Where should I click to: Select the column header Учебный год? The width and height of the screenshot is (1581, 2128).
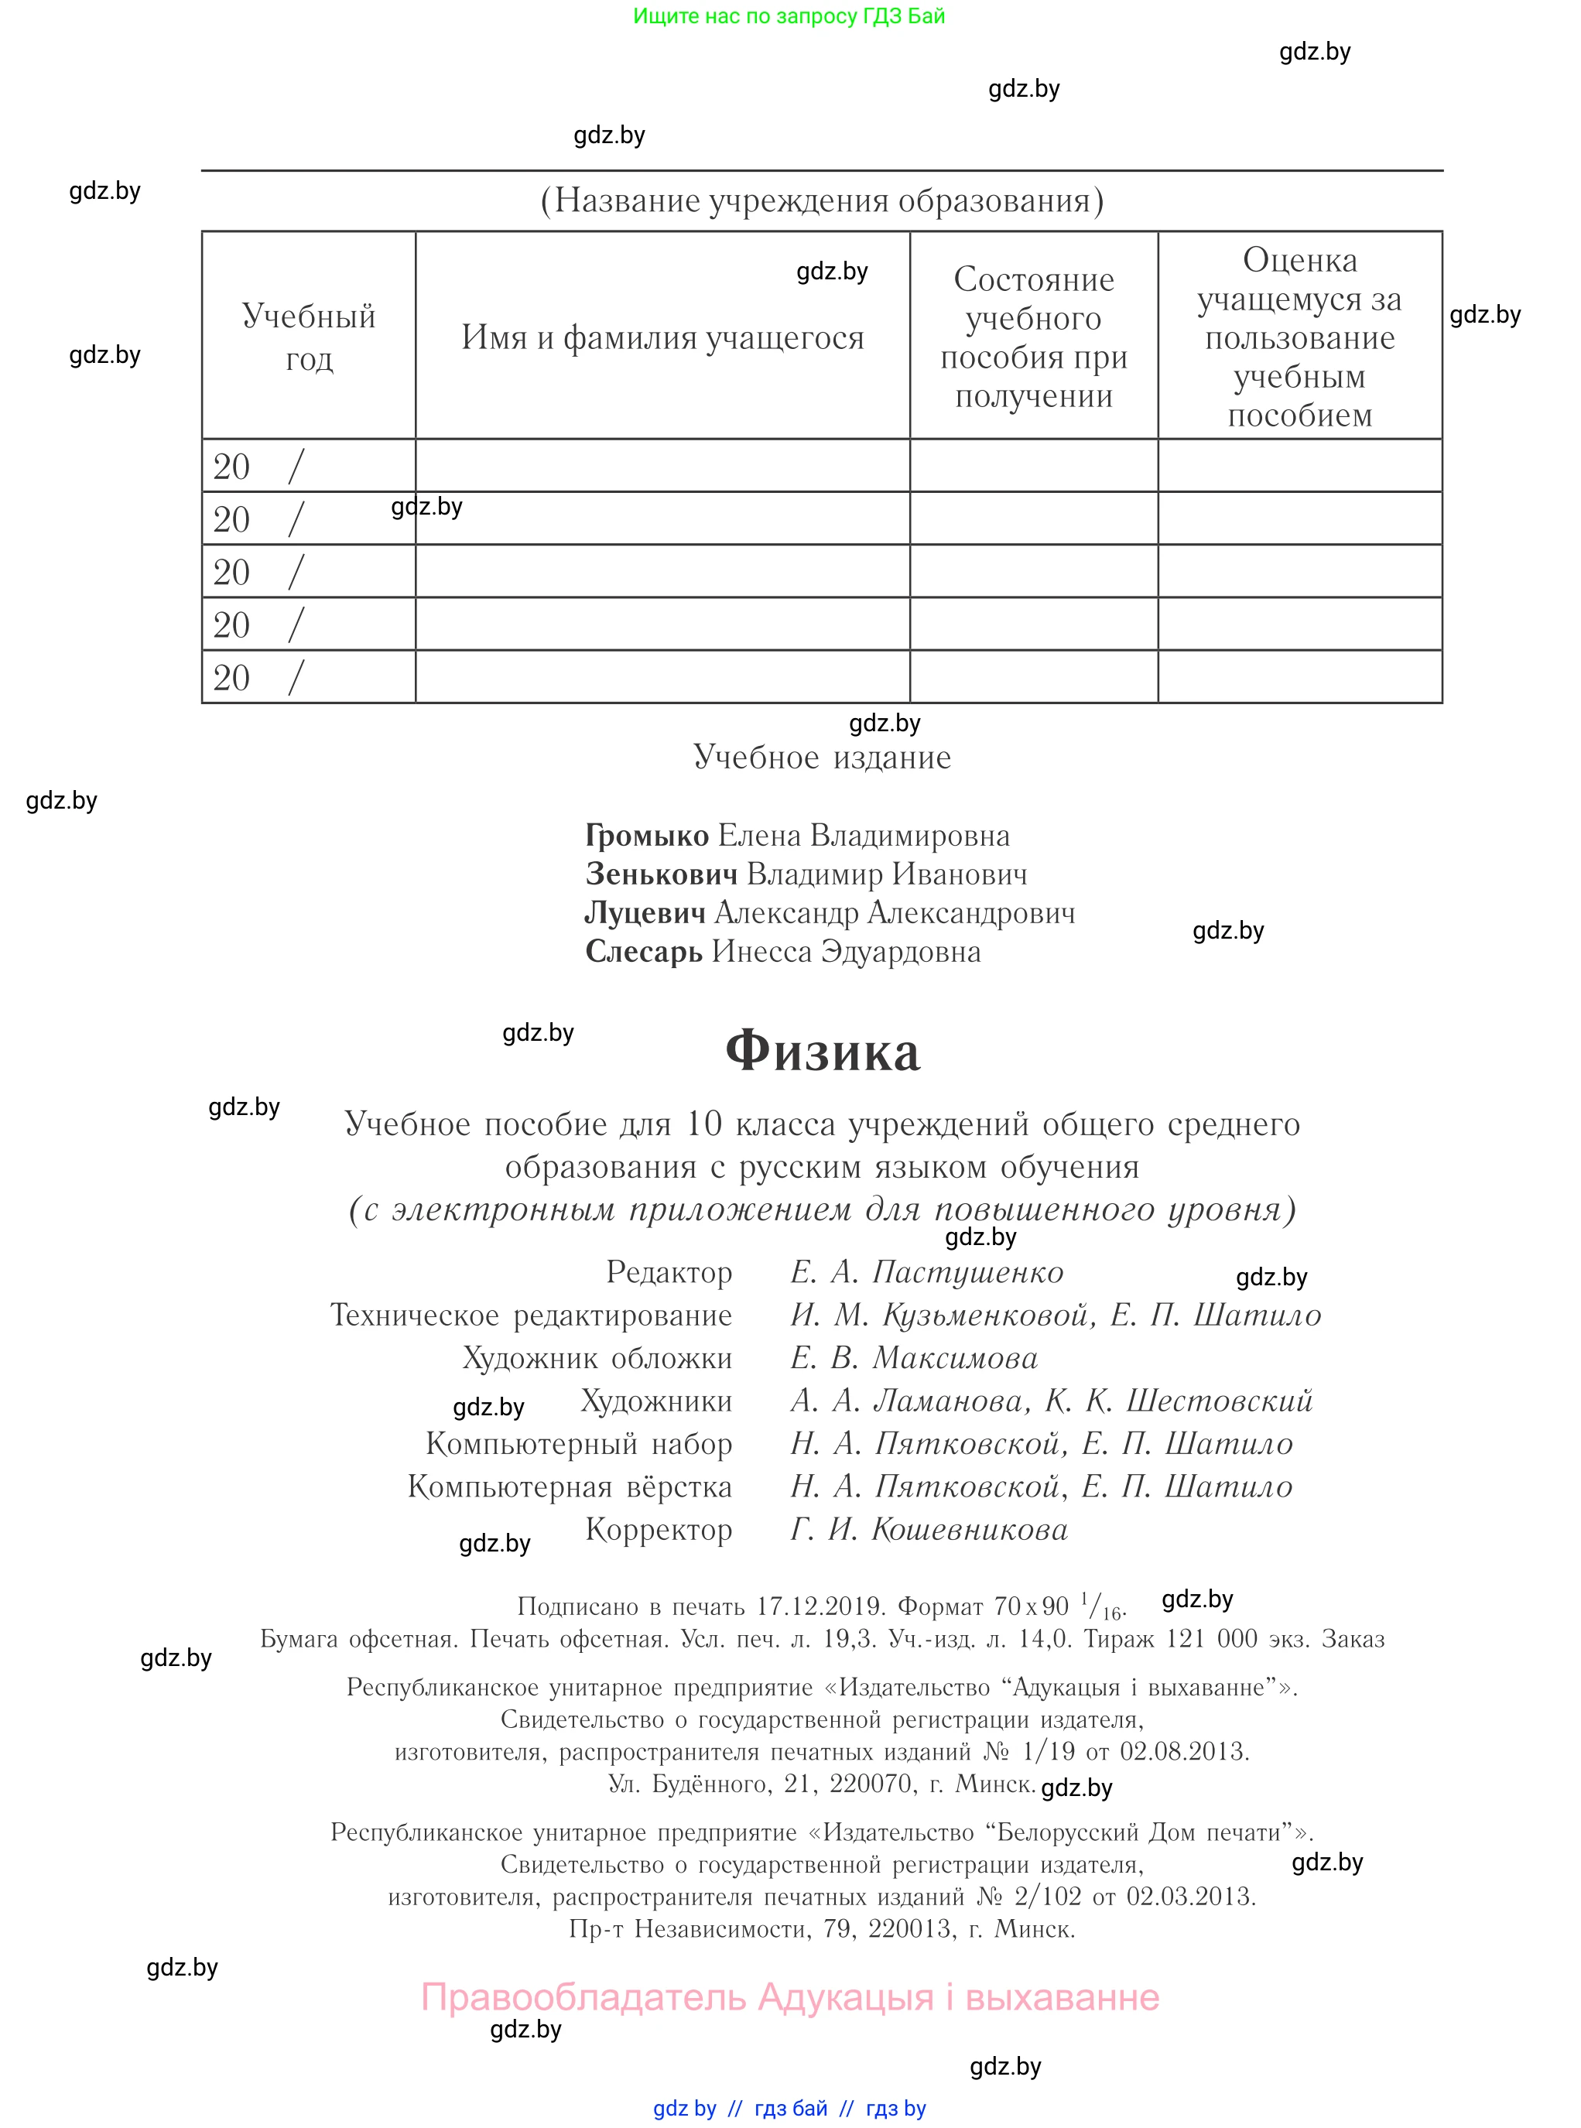pyautogui.click(x=308, y=336)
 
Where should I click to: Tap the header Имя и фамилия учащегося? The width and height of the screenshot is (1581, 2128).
pyautogui.click(x=662, y=337)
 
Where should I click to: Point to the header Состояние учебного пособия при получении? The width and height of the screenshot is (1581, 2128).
pyautogui.click(x=1034, y=337)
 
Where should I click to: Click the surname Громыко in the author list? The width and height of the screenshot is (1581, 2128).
pyautogui.click(x=647, y=835)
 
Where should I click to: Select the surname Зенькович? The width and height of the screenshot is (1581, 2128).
pyautogui.click(x=662, y=874)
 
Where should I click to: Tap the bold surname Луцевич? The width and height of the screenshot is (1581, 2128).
pyautogui.click(x=645, y=913)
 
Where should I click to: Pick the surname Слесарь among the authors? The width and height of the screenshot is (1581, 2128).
pyautogui.click(x=644, y=952)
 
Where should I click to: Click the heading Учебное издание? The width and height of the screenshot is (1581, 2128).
pyautogui.click(x=822, y=757)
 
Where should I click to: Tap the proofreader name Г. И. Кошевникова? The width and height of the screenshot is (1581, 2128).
pyautogui.click(x=929, y=1529)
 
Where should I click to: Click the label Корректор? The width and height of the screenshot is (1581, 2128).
pyautogui.click(x=659, y=1529)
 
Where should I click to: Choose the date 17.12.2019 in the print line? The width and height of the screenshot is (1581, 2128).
pyautogui.click(x=818, y=1606)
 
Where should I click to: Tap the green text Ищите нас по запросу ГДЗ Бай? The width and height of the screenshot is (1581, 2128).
pyautogui.click(x=789, y=16)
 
